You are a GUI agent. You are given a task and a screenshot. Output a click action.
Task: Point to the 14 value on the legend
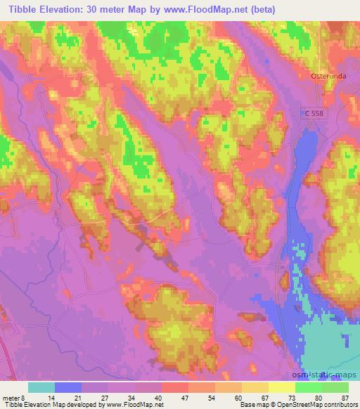coord(52,398)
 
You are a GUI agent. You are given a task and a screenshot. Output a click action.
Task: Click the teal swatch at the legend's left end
coord(41,387)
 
